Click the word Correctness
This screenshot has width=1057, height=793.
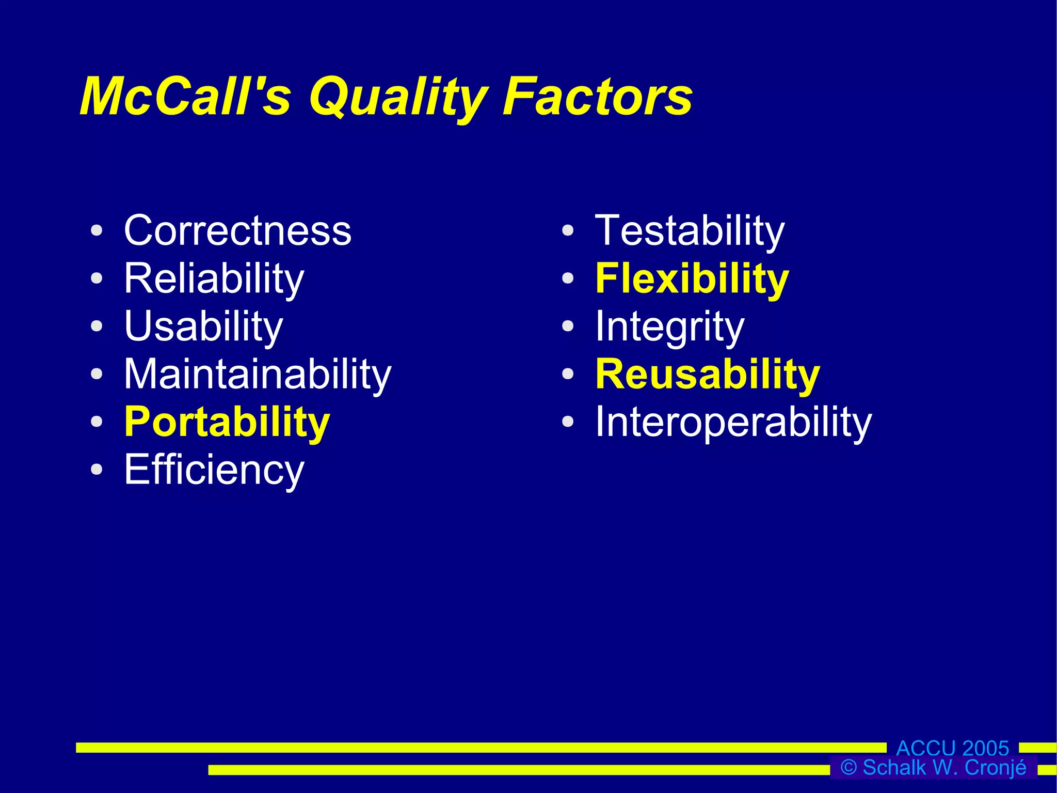[237, 231]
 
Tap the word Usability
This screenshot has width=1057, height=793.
[203, 326]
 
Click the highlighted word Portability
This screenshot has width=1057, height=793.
[227, 422]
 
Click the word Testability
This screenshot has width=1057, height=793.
[690, 231]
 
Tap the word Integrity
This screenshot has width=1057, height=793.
[669, 326]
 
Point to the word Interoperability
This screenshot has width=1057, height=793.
[733, 422]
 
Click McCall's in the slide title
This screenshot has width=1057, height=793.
[185, 97]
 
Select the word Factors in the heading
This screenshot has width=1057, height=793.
[598, 97]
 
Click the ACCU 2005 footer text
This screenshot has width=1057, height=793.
[952, 748]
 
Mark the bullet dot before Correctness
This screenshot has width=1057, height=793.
[97, 231]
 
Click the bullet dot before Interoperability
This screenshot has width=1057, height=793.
[568, 422]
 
